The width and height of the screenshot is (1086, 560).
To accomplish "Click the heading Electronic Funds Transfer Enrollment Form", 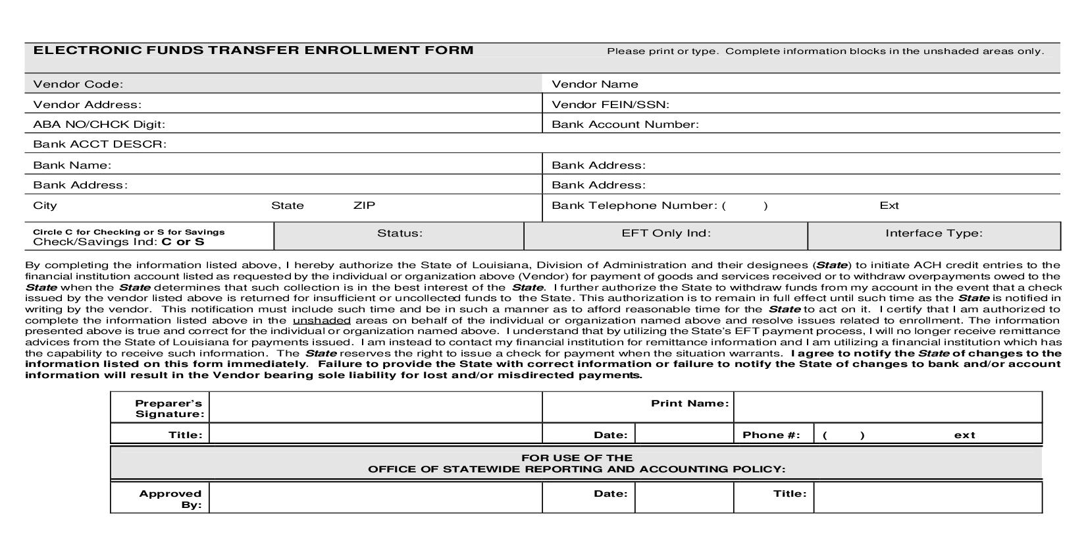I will point(253,50).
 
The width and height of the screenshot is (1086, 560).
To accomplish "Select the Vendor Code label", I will point(78,84).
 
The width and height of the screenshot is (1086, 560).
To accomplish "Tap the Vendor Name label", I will point(594,84).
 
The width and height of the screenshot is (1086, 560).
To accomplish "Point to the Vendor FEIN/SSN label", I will point(609,105).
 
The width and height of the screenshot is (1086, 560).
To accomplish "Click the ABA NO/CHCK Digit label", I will point(99,125).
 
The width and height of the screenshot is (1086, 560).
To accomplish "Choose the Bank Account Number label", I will point(625,125).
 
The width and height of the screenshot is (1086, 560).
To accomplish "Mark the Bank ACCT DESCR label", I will point(99,144).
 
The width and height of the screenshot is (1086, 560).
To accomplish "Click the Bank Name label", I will point(72,165).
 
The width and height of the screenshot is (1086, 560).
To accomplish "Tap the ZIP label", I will point(364,206).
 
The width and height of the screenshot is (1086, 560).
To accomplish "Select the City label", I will point(45,206).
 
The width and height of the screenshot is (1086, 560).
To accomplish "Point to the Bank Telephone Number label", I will point(634,206).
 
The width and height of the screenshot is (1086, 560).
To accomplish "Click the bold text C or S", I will point(182,242).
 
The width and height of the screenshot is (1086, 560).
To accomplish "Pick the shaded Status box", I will point(399,236).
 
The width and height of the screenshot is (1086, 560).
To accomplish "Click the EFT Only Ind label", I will point(665,233).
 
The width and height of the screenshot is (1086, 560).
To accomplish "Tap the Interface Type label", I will point(933,233).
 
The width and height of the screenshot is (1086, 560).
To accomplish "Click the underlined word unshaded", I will point(321,321).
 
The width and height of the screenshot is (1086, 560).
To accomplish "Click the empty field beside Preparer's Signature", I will point(375,407).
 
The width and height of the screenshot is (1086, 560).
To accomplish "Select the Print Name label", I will point(689,403).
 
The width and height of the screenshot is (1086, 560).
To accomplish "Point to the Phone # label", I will point(771,435).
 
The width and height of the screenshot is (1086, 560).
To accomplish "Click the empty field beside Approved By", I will point(375,498).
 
